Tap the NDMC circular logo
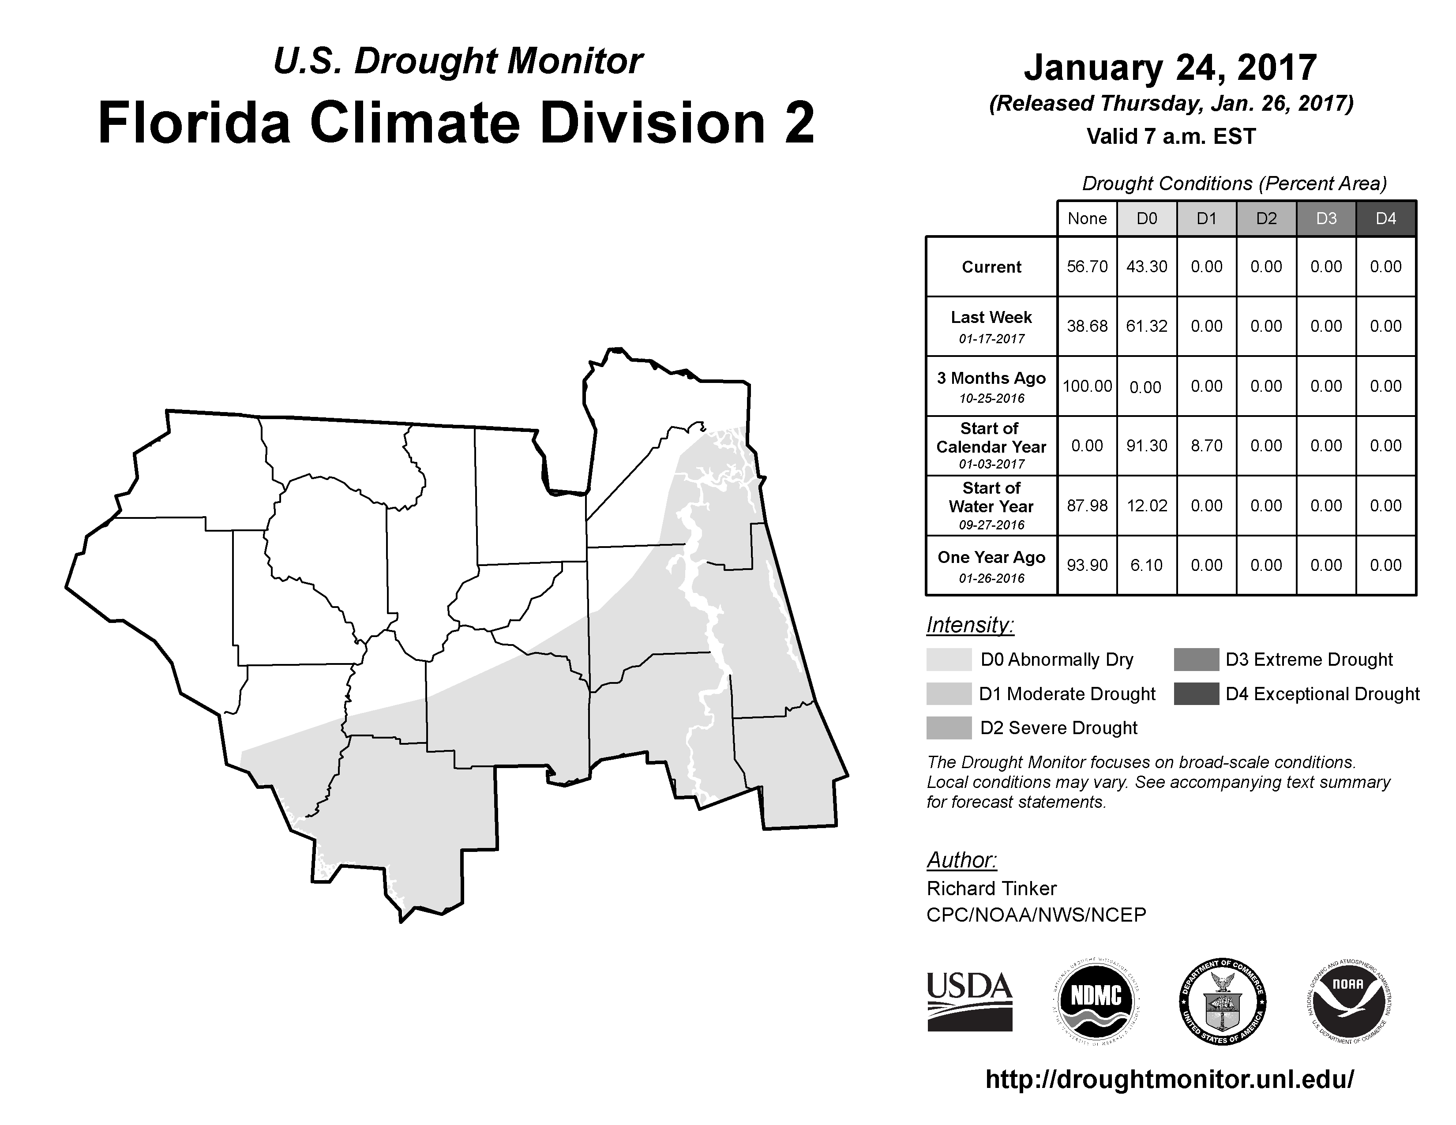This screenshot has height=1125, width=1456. point(1096,1002)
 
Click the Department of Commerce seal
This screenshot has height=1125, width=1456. point(1222,1002)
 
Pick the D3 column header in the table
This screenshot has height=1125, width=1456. point(1326,218)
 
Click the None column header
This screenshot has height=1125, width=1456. point(1087,218)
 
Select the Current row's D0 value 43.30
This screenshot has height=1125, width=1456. point(1147,266)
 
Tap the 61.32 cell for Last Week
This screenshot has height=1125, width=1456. point(1147,326)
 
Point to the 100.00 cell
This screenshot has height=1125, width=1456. point(1087,386)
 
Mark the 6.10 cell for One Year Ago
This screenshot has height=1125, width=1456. point(1147,565)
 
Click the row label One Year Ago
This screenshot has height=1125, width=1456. point(991,558)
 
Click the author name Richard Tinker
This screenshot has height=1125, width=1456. point(991,889)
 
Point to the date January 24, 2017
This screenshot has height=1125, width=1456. point(1170,67)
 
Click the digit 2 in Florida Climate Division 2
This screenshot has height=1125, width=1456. point(799,123)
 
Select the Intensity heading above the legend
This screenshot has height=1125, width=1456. point(970,625)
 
